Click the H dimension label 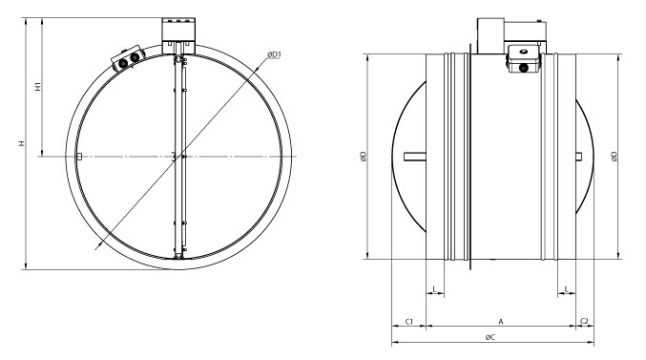(22, 143)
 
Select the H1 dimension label (38, 87)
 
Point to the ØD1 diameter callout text (274, 54)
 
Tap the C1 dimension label (408, 321)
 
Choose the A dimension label (501, 321)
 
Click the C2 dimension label (584, 321)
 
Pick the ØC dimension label (490, 337)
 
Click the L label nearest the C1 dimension (435, 289)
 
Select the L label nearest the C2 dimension (567, 289)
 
